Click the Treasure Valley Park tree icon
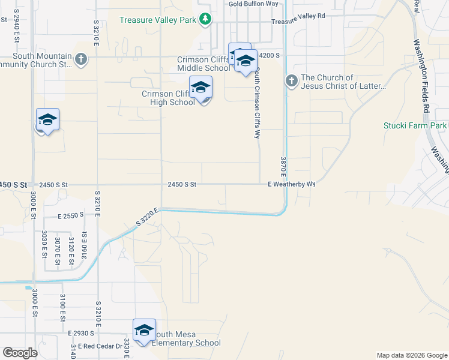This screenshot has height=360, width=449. (205, 19)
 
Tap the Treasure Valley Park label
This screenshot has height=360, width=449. (158, 20)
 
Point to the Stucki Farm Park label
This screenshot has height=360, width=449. (415, 126)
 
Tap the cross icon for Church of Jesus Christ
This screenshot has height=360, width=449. (291, 80)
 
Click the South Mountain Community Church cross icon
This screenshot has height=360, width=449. (81, 59)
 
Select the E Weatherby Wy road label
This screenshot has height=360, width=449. (291, 185)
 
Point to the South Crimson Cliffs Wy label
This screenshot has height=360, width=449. (257, 103)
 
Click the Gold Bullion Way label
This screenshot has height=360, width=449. (254, 4)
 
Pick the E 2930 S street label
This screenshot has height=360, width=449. (83, 332)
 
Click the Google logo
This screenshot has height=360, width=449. (20, 353)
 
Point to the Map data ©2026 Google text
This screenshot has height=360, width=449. (411, 355)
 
